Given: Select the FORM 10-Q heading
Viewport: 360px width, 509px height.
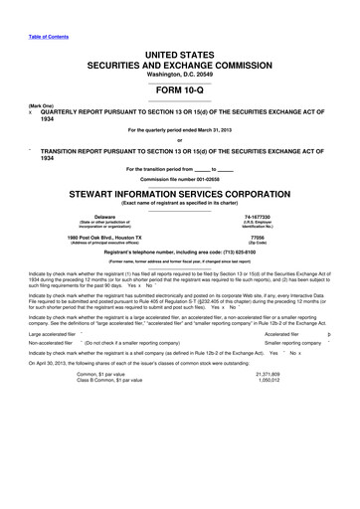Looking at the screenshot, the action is (x=179, y=86).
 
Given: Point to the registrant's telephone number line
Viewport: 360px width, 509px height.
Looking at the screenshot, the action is (x=179, y=254).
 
